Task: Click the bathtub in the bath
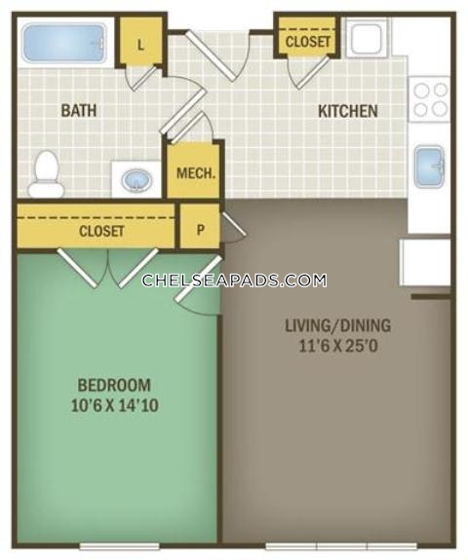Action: [x=64, y=43]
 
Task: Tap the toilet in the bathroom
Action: [x=46, y=174]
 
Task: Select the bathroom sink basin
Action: [x=136, y=180]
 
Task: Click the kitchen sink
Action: [x=429, y=167]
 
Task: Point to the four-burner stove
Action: [x=430, y=99]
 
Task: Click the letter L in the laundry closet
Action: [x=140, y=45]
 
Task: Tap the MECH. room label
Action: [x=196, y=173]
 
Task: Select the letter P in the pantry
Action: [x=201, y=229]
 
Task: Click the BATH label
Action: [x=79, y=110]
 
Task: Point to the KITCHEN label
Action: [x=348, y=111]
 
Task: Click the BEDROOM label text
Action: [x=114, y=385]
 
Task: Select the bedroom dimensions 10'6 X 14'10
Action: [x=115, y=406]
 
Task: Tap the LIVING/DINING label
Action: [x=338, y=325]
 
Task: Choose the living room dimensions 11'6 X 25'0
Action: [x=338, y=346]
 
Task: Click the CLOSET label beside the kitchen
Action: [x=307, y=42]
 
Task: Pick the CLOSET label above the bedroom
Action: [x=101, y=231]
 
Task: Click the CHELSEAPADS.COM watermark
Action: [x=234, y=280]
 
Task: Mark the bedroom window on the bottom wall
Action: [x=119, y=546]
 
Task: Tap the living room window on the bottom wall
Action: [x=341, y=546]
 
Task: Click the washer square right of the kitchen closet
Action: [x=367, y=38]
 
